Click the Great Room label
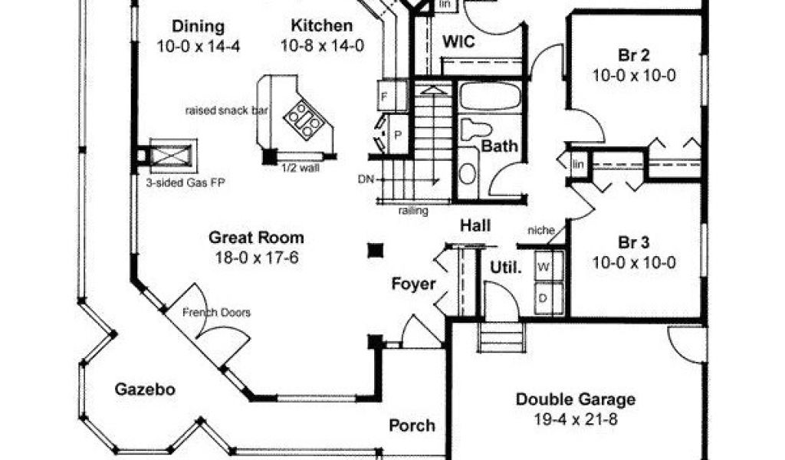coord(256,238)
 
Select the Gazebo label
coord(146,389)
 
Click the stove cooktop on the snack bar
coord(302,119)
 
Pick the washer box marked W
coord(544,267)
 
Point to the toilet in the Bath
coord(471,131)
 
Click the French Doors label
coord(216,312)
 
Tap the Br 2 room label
coord(633,55)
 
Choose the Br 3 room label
coord(633,244)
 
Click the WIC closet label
coord(458,43)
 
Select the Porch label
coord(412,426)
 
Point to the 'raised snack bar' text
coord(226,111)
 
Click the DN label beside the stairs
coord(365,179)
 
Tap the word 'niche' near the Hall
coord(540,229)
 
